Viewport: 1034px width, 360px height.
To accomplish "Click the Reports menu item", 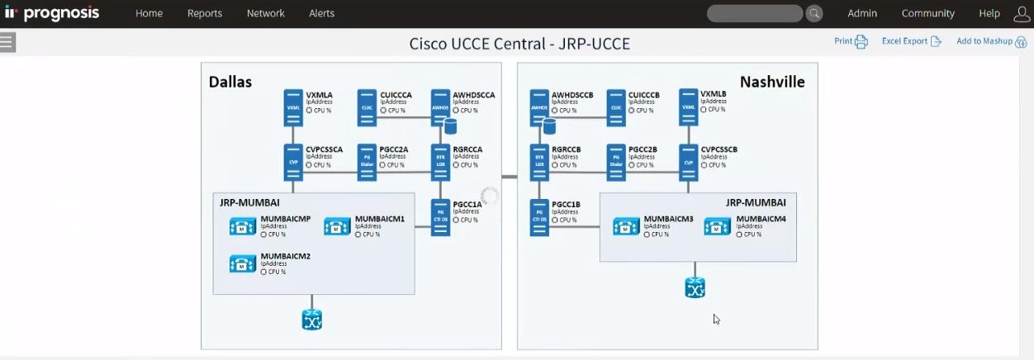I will click(205, 13).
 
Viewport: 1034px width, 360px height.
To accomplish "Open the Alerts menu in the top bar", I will click(321, 13).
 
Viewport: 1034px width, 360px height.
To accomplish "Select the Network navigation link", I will click(265, 13).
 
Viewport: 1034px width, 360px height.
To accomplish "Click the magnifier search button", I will click(814, 13).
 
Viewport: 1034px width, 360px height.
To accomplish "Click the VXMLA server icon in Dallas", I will click(293, 108).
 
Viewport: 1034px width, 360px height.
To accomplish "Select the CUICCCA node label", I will click(396, 95).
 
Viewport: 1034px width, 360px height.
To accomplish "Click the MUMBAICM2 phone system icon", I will click(243, 263).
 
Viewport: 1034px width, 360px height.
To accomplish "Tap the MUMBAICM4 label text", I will click(761, 219).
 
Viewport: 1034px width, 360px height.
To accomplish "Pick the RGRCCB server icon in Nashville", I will click(539, 163).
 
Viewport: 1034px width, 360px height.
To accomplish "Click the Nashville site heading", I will click(771, 82).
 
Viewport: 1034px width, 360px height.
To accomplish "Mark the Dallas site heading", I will click(230, 82).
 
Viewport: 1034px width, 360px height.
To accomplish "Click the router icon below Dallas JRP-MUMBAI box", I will click(311, 320).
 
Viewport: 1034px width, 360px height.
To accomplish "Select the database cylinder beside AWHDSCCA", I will click(451, 126).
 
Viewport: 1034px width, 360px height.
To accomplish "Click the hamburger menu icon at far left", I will click(7, 42).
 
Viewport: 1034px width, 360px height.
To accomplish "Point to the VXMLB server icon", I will click(689, 107).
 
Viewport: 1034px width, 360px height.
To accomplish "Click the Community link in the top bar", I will click(927, 13).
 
